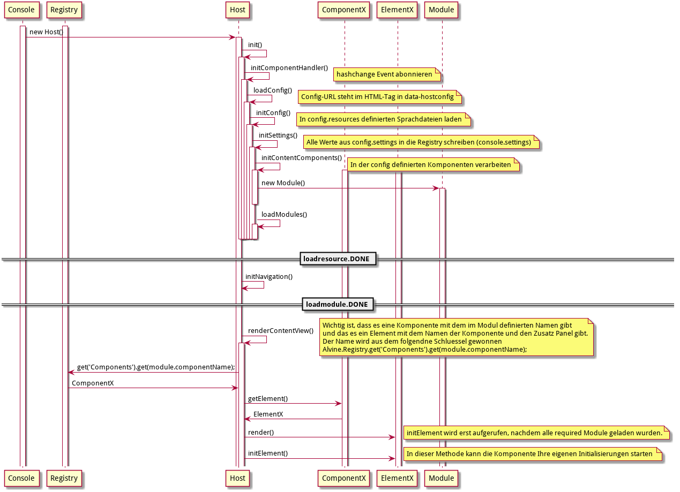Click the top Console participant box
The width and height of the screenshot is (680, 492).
click(x=22, y=10)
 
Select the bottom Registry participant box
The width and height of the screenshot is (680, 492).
click(x=64, y=478)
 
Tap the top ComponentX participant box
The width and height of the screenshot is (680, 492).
click(x=344, y=10)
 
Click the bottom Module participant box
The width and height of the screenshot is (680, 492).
click(x=442, y=478)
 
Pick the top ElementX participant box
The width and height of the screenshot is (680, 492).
click(x=398, y=10)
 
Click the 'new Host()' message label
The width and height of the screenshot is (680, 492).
click(x=46, y=32)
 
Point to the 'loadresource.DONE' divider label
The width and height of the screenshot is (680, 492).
click(x=337, y=259)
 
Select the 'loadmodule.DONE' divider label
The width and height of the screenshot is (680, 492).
click(x=337, y=305)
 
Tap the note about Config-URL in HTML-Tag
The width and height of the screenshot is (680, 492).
click(x=380, y=97)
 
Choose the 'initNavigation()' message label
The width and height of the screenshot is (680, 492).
click(x=269, y=277)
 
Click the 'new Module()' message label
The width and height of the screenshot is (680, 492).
click(x=283, y=183)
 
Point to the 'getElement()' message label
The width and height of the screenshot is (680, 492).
click(x=268, y=399)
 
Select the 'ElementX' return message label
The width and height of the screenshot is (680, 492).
click(x=268, y=414)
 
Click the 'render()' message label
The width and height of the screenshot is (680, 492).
click(x=261, y=432)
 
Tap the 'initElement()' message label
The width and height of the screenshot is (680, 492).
click(x=268, y=453)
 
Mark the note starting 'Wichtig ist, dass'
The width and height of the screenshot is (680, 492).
click(x=457, y=337)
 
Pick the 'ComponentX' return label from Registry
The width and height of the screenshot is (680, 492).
click(x=93, y=383)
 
